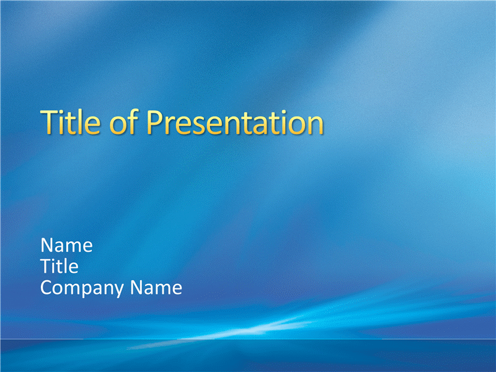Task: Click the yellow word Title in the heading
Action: pyautogui.click(x=71, y=122)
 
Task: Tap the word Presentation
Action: pyautogui.click(x=235, y=122)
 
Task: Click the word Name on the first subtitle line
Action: pyautogui.click(x=67, y=245)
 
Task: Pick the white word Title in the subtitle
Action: pyautogui.click(x=60, y=266)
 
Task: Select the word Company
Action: pyautogui.click(x=82, y=288)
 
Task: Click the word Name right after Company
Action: pyautogui.click(x=156, y=287)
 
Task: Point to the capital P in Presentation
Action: pyautogui.click(x=155, y=122)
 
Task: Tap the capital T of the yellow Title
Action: pyautogui.click(x=50, y=122)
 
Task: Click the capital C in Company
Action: pyautogui.click(x=46, y=287)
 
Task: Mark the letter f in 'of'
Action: pyautogui.click(x=133, y=122)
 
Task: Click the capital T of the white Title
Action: pyautogui.click(x=46, y=266)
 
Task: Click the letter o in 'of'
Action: pyautogui.click(x=118, y=125)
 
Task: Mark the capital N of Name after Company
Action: pyautogui.click(x=136, y=287)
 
